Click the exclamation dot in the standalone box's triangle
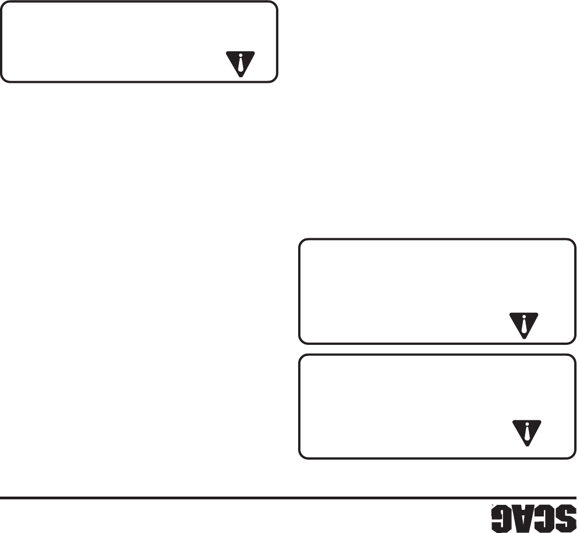tap(241, 56)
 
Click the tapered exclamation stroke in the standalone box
tap(241, 66)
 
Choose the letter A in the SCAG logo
tap(523, 519)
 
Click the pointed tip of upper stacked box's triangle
tap(523, 337)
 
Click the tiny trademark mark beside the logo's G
tap(484, 508)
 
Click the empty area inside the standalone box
tap(110, 41)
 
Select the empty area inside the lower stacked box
tap(398, 406)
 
